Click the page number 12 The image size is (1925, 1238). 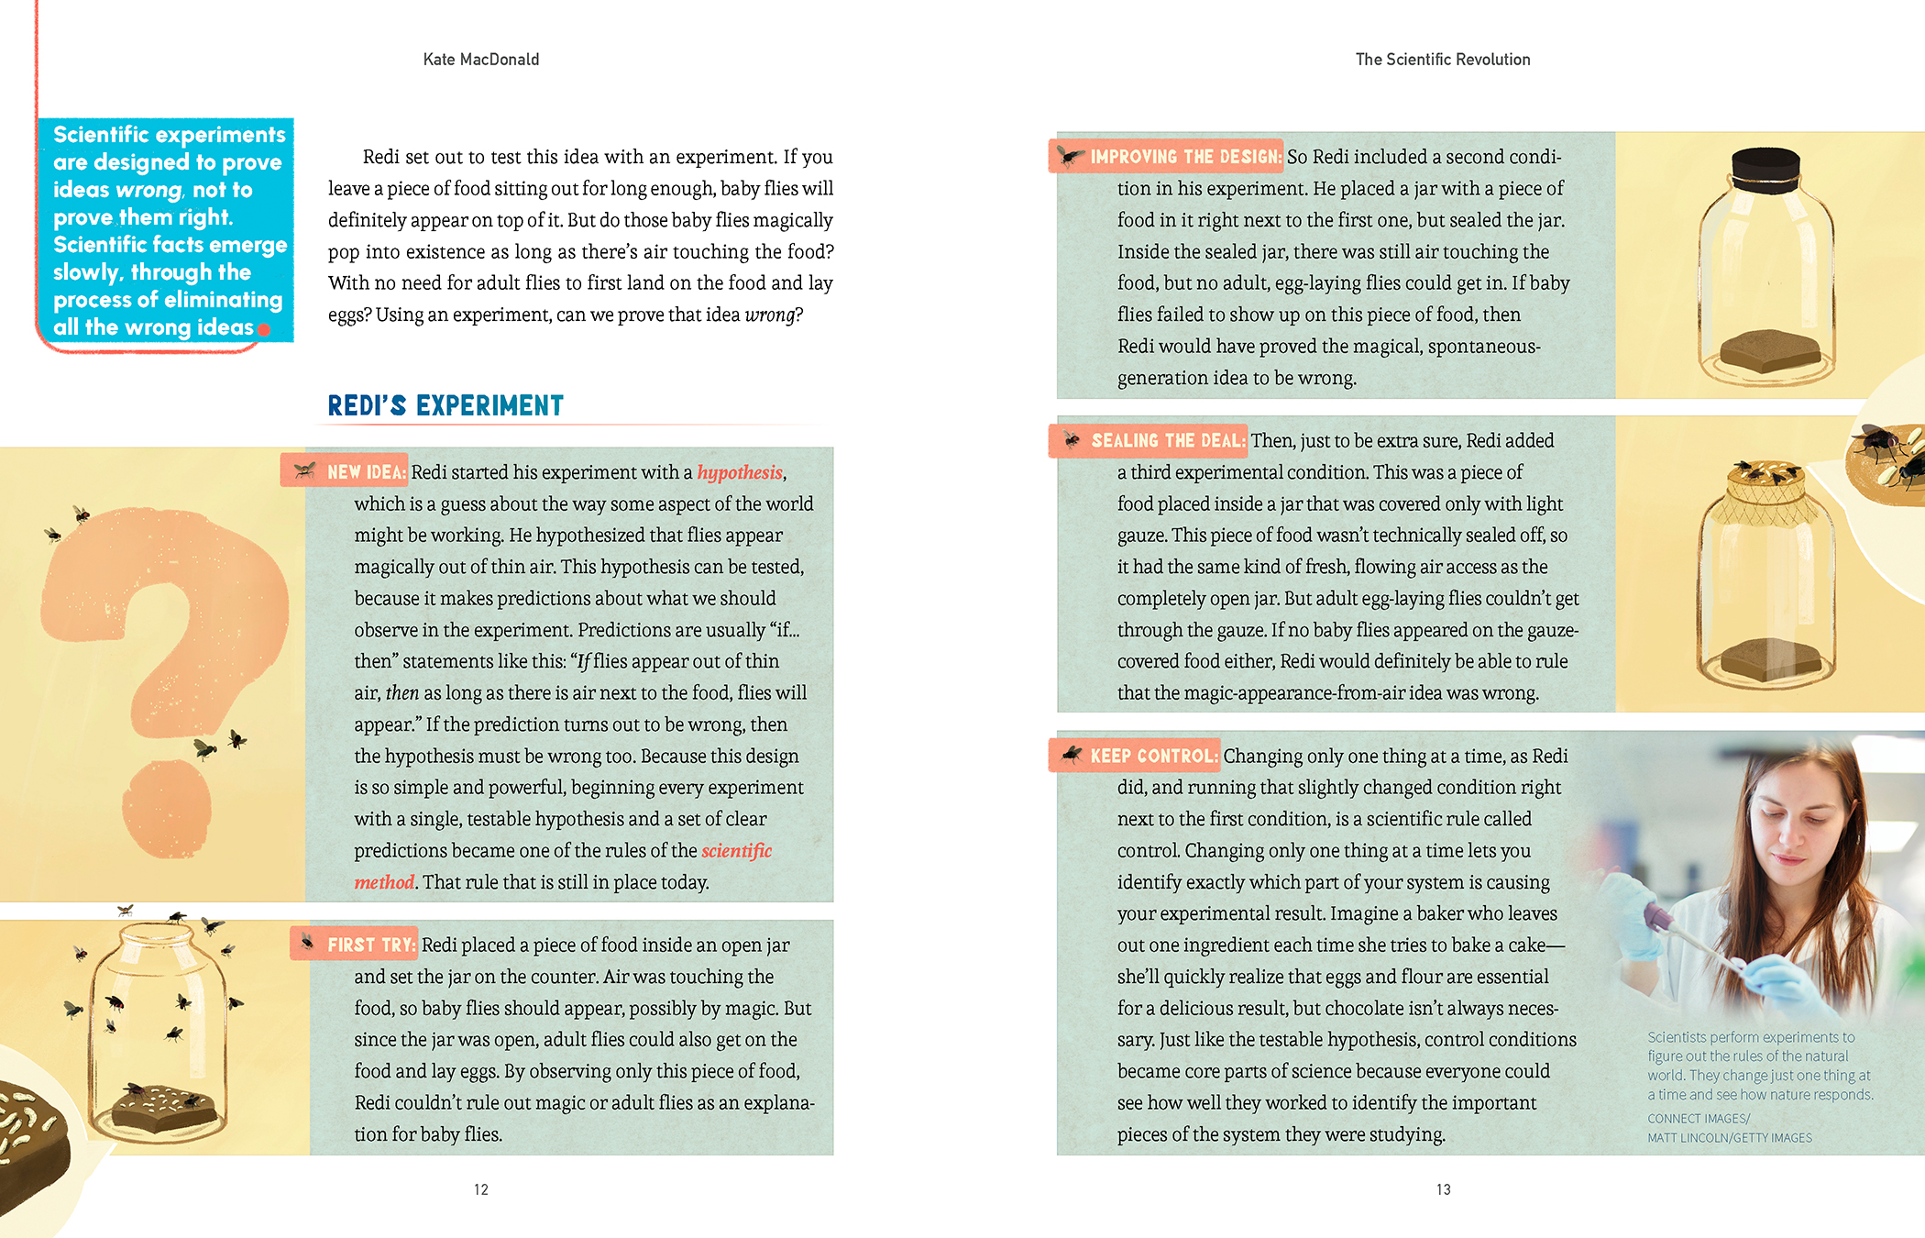point(481,1189)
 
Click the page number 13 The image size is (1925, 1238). point(1443,1189)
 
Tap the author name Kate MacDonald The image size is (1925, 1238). point(481,60)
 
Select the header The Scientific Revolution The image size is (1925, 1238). point(1443,60)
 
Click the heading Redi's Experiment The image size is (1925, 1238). point(445,405)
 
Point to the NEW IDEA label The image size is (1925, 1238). point(365,472)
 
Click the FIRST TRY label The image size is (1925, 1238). point(370,945)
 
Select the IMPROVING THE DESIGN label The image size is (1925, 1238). point(1184,157)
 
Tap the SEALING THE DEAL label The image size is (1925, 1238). point(1167,441)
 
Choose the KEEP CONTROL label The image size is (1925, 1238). point(1153,757)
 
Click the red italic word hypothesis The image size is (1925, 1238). point(740,472)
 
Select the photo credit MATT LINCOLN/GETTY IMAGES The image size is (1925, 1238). point(1730,1138)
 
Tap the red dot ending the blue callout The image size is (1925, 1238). point(264,329)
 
